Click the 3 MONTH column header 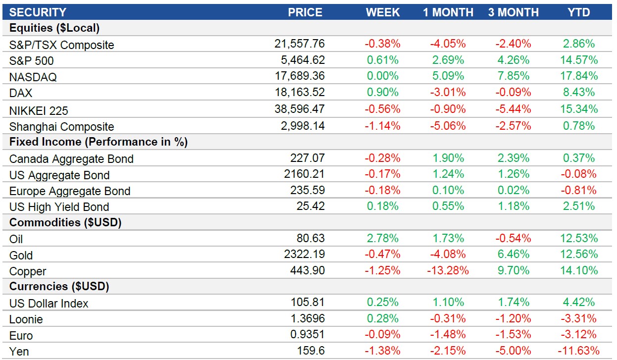(x=513, y=12)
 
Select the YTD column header (x=579, y=12)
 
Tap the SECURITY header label (x=38, y=12)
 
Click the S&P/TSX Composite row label (x=61, y=45)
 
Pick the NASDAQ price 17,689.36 (x=300, y=76)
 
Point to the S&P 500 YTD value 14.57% (x=579, y=60)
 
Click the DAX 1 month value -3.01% (x=448, y=93)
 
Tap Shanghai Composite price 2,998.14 (x=300, y=126)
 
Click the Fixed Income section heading (x=99, y=142)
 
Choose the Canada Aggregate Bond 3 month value (x=513, y=158)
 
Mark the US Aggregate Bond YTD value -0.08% (x=579, y=174)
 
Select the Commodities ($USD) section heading (x=65, y=223)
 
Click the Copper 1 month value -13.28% (x=448, y=271)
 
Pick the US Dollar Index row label (x=49, y=303)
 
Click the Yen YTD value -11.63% (x=579, y=351)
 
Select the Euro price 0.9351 (x=308, y=335)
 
